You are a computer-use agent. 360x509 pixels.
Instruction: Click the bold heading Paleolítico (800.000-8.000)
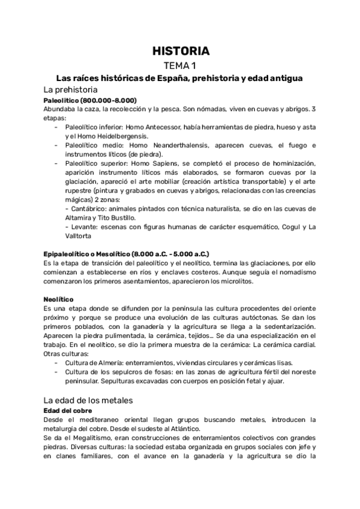coord(90,100)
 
